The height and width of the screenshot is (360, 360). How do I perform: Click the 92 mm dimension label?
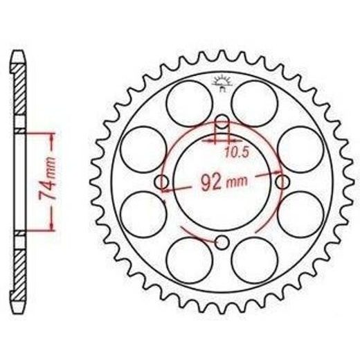click(x=224, y=183)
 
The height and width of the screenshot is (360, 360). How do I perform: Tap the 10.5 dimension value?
click(x=237, y=152)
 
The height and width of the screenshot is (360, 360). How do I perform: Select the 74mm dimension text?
click(x=48, y=179)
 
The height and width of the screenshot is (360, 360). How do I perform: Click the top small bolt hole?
click(x=222, y=123)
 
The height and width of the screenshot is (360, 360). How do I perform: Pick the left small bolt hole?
click(x=161, y=182)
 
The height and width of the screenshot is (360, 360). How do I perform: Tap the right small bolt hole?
click(x=282, y=183)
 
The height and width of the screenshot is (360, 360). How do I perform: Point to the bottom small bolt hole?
click(x=222, y=242)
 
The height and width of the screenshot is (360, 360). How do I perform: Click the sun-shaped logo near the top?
click(x=222, y=83)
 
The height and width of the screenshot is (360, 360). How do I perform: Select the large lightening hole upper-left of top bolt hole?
click(x=189, y=103)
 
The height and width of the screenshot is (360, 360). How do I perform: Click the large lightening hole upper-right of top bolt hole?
click(x=254, y=103)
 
